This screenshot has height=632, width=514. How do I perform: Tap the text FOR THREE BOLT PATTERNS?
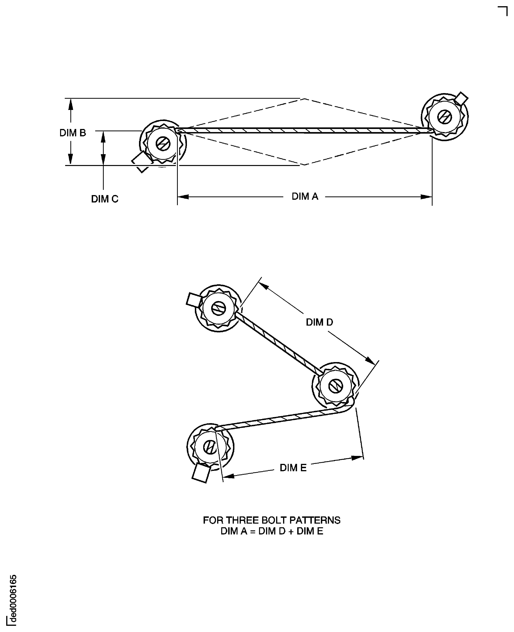(x=271, y=520)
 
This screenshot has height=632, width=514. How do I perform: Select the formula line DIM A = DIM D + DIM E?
(x=271, y=531)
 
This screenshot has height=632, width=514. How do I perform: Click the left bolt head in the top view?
(x=163, y=144)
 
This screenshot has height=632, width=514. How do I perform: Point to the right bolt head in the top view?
(x=445, y=117)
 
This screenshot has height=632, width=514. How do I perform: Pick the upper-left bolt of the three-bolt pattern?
(x=219, y=308)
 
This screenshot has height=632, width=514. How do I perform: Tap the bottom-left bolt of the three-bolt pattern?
(x=210, y=447)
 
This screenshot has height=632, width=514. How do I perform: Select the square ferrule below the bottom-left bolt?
(x=201, y=473)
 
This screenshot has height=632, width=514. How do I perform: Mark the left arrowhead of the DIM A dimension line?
(x=183, y=197)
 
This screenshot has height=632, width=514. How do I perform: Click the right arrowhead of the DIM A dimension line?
(x=426, y=197)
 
